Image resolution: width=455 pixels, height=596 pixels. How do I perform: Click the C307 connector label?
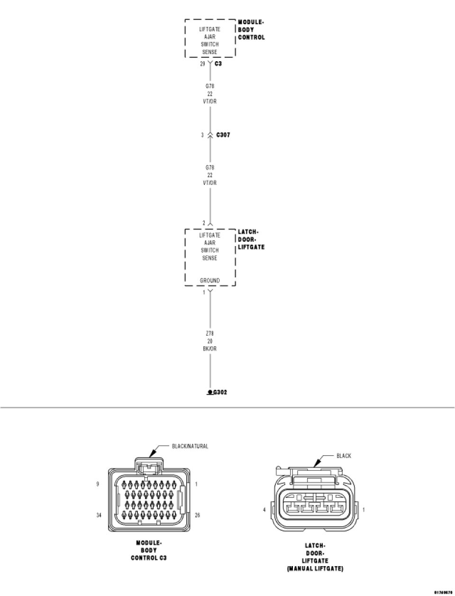point(223,135)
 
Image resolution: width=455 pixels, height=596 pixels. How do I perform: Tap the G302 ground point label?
point(220,392)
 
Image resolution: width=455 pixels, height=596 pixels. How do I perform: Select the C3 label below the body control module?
point(218,63)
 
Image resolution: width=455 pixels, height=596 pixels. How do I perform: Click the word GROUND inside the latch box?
point(209,281)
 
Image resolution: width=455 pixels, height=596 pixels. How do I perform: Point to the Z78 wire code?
point(209,334)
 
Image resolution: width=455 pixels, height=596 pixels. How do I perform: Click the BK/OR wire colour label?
point(209,349)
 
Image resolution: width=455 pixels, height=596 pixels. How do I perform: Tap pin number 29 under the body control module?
point(202,63)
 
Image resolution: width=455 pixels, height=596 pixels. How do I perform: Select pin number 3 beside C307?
point(202,135)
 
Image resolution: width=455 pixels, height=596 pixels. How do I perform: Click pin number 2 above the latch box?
point(204,223)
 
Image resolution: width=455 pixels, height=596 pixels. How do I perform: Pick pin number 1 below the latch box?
point(204,293)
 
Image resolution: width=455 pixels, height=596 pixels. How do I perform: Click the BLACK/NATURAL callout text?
point(190,446)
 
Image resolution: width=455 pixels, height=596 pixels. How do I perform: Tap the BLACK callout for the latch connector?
point(344,456)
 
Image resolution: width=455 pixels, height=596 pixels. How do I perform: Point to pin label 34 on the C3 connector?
point(99,515)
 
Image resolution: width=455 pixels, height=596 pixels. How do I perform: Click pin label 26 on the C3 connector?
point(198,515)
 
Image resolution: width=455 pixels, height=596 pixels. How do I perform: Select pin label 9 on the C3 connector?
point(98,485)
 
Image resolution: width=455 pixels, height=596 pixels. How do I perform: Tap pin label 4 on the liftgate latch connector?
point(264,510)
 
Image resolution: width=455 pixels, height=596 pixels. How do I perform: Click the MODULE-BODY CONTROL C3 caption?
point(149,550)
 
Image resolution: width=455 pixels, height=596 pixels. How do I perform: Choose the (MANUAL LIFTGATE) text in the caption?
point(315,568)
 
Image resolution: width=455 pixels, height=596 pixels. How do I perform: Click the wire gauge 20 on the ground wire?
point(209,341)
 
